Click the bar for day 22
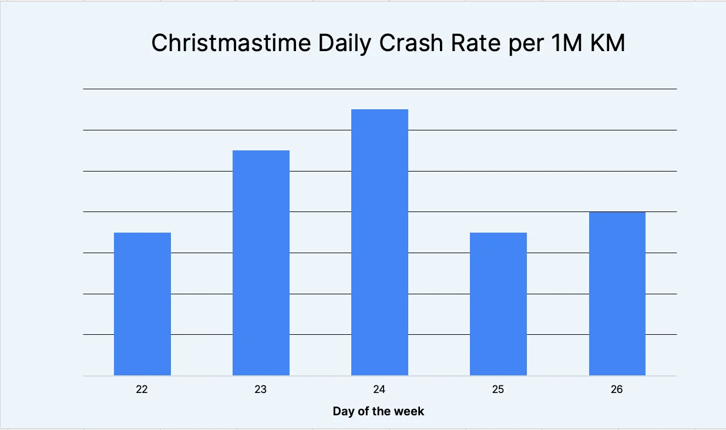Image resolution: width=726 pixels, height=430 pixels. [x=142, y=304]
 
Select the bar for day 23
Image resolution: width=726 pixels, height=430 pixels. [x=261, y=263]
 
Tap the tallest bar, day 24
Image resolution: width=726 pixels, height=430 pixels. [x=379, y=242]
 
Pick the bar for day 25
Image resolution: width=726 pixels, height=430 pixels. [x=498, y=304]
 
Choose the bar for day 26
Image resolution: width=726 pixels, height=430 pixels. [x=617, y=293]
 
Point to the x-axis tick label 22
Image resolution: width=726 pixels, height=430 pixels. [x=142, y=389]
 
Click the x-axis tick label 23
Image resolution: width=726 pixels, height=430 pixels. [x=261, y=389]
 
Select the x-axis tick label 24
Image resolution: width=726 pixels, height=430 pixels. [x=379, y=389]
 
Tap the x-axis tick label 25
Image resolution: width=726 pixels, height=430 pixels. [x=498, y=389]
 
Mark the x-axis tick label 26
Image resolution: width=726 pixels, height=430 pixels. [x=617, y=389]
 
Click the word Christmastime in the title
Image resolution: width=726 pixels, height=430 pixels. [x=231, y=43]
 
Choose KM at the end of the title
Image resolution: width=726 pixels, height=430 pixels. [x=607, y=43]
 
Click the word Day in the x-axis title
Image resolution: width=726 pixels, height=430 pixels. [x=343, y=411]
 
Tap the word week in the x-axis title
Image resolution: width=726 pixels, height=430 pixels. [x=411, y=411]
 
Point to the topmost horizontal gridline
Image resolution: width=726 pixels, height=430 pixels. [x=379, y=89]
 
